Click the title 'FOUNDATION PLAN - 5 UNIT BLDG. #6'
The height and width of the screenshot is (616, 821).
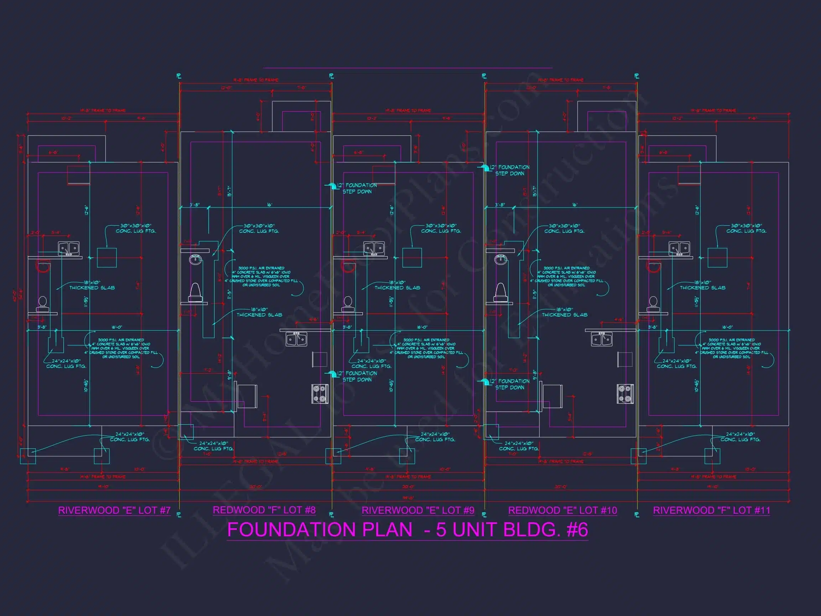point(407,529)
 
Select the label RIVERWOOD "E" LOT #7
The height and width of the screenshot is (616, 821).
point(114,510)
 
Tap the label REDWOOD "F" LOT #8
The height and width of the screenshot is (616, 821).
point(264,510)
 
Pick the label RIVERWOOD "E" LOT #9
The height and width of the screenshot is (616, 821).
point(418,510)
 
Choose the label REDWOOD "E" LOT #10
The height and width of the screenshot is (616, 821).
point(562,510)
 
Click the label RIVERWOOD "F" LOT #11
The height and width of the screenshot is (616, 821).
point(711,510)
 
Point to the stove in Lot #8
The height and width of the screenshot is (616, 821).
point(320,394)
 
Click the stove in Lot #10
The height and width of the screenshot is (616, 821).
point(625,394)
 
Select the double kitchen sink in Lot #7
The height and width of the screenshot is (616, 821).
point(69,248)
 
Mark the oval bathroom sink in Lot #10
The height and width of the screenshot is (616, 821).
point(501,259)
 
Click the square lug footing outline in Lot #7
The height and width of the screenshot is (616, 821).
point(107,257)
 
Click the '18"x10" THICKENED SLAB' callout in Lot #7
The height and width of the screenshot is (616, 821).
point(92,285)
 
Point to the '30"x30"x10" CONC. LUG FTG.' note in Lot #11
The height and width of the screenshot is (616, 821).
point(746,229)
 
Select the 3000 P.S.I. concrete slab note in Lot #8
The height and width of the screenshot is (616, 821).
point(261,277)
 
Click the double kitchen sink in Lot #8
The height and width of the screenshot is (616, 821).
point(296,339)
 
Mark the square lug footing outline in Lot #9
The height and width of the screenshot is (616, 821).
point(412,257)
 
